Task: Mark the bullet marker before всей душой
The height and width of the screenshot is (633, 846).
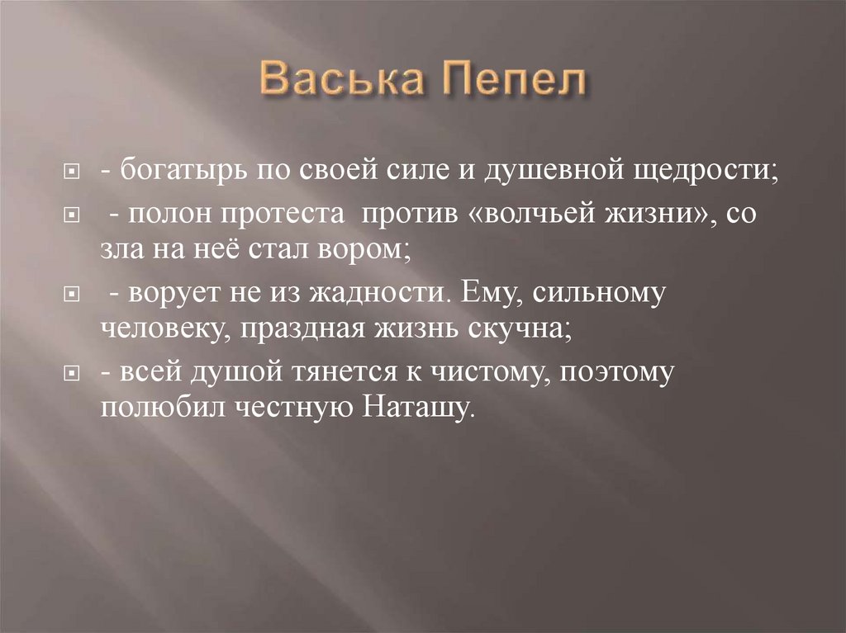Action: pyautogui.click(x=73, y=373)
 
